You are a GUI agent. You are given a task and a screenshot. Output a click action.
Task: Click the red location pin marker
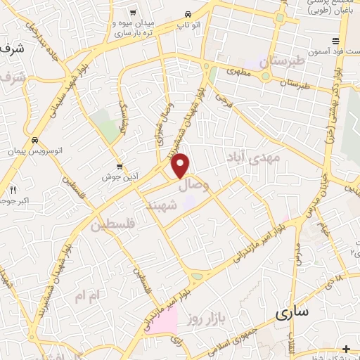(x=181, y=165)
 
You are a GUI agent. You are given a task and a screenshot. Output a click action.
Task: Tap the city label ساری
(x=291, y=314)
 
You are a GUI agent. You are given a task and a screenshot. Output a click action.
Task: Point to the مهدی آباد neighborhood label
(x=259, y=157)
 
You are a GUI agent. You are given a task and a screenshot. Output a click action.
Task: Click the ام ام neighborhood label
(x=89, y=296)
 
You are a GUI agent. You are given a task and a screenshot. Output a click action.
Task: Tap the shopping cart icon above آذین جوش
(x=121, y=167)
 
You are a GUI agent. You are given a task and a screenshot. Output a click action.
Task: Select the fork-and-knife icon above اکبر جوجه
(x=13, y=190)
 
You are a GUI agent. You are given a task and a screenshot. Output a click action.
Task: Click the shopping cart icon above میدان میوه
(x=133, y=12)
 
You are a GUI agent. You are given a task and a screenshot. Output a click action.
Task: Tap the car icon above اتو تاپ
(x=187, y=14)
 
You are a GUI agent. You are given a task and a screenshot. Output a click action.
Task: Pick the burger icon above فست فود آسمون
(x=336, y=41)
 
